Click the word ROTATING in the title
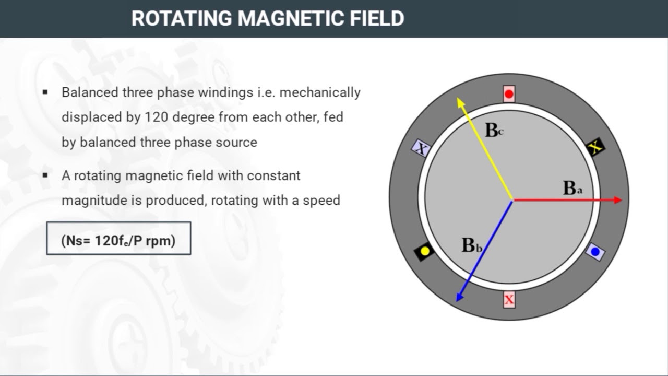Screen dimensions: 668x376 182,18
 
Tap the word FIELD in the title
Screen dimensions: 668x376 377,18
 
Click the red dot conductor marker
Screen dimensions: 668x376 509,94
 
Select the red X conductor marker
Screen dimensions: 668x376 509,300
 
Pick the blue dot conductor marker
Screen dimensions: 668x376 595,252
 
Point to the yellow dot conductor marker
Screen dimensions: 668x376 424,251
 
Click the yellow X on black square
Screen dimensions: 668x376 595,147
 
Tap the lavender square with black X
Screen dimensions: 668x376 421,148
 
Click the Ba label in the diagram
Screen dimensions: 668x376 572,189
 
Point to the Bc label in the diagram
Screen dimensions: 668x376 494,130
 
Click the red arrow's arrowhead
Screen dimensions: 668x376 618,200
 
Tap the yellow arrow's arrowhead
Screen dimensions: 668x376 460,102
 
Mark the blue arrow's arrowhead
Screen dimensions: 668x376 460,297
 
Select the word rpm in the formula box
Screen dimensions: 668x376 161,241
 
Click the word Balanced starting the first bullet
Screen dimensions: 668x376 90,92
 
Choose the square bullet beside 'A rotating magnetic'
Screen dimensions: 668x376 45,175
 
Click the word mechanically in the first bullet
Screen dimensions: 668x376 320,93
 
